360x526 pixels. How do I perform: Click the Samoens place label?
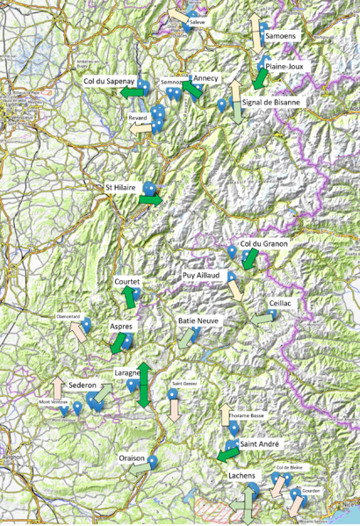click(x=281, y=37)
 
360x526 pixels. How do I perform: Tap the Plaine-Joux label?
click(x=286, y=66)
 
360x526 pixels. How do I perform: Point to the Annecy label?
click(x=206, y=78)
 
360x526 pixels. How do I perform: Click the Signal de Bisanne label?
click(x=271, y=102)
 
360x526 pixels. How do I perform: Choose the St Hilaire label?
click(x=122, y=187)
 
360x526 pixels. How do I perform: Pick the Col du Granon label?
click(x=263, y=243)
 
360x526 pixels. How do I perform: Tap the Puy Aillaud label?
click(x=202, y=275)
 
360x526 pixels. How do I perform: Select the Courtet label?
click(x=129, y=282)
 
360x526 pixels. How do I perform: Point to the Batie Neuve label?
click(x=198, y=321)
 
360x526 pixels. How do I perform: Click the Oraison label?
click(x=132, y=458)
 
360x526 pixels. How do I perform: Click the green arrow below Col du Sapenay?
click(x=133, y=91)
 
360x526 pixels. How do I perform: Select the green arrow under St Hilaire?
click(x=150, y=200)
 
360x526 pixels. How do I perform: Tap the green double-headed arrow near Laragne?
click(x=142, y=383)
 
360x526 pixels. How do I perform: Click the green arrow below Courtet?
click(x=130, y=298)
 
